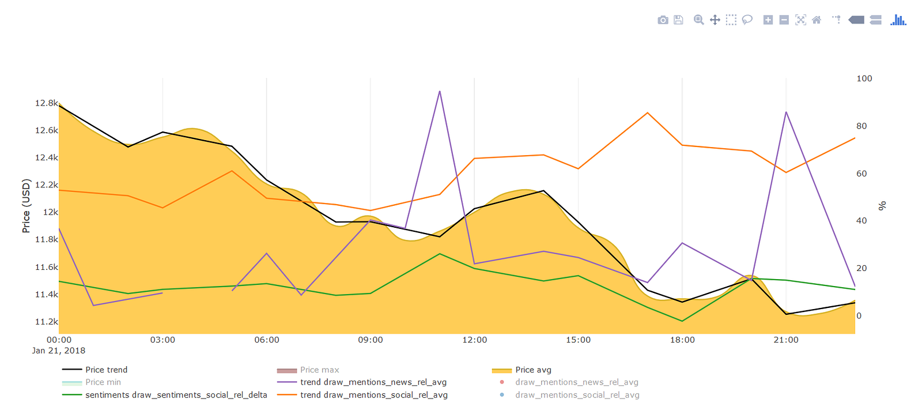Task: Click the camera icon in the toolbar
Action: click(663, 20)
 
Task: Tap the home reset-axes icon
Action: click(817, 20)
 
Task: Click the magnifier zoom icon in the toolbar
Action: click(698, 20)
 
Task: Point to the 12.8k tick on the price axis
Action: click(46, 103)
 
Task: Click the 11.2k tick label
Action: click(46, 322)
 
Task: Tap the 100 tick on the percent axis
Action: click(864, 78)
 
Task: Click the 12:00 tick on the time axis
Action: click(474, 340)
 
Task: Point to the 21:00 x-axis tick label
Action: click(786, 340)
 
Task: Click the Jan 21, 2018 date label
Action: click(59, 351)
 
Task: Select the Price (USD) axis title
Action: click(26, 206)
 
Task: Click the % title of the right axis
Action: click(882, 206)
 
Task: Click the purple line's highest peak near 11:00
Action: click(440, 91)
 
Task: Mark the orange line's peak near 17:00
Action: click(648, 113)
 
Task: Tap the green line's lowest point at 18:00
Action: click(682, 321)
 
